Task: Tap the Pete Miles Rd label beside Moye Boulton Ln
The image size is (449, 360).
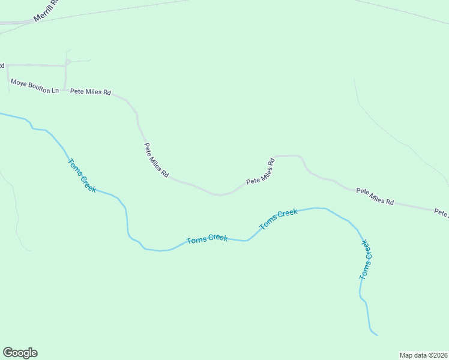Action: pyautogui.click(x=91, y=92)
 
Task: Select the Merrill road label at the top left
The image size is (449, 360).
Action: pyautogui.click(x=47, y=11)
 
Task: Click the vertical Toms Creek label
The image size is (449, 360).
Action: pyautogui.click(x=366, y=260)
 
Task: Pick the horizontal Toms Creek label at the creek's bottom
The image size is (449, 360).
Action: pyautogui.click(x=207, y=239)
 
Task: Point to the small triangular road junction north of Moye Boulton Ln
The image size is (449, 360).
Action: pyautogui.click(x=68, y=61)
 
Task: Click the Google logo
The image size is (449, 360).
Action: pyautogui.click(x=20, y=353)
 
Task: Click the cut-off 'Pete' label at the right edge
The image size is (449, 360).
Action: pyautogui.click(x=442, y=212)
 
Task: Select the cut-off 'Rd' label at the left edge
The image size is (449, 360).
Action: pyautogui.click(x=2, y=65)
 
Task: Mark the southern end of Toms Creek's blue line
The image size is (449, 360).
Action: pyautogui.click(x=376, y=334)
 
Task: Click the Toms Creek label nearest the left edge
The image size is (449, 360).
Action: pyautogui.click(x=82, y=175)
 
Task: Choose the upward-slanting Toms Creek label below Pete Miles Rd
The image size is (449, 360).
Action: pyautogui.click(x=279, y=220)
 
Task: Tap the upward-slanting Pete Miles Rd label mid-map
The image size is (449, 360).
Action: pyautogui.click(x=261, y=171)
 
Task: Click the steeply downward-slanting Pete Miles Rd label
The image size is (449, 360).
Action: pyautogui.click(x=155, y=159)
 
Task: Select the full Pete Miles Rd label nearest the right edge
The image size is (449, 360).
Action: pyautogui.click(x=375, y=196)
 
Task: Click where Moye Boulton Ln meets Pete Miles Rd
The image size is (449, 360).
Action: pyautogui.click(x=65, y=91)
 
